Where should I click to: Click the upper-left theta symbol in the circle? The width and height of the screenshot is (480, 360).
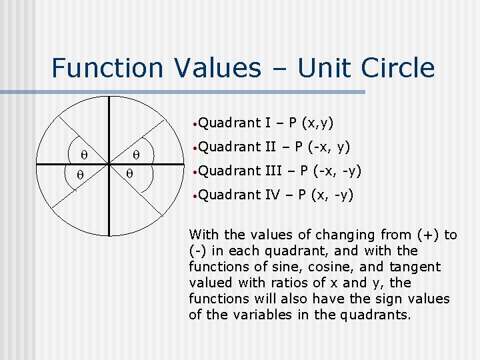point(84,155)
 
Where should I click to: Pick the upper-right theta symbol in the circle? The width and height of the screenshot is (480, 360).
point(136,155)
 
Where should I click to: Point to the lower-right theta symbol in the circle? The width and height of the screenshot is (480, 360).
point(130,175)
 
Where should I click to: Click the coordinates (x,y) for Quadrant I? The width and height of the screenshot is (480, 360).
point(318,123)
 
